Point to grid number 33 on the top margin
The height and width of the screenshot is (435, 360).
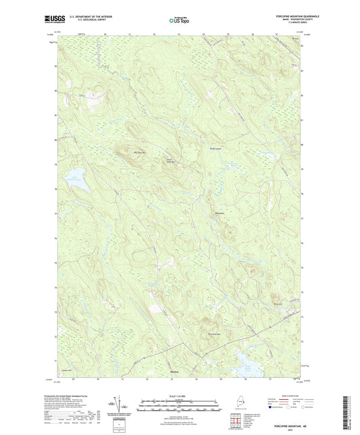[179, 34]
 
